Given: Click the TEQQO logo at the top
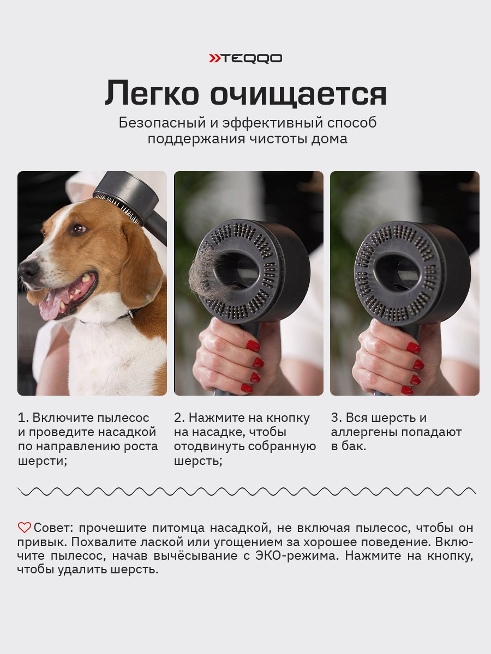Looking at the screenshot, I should (245, 58).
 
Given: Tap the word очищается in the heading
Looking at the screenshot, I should (298, 94).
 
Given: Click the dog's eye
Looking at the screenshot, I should (80, 229).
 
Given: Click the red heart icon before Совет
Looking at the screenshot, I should (25, 528).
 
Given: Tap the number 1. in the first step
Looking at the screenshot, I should (23, 418).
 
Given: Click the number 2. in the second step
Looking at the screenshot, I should (179, 418).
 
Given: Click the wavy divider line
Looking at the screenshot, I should (245, 492).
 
